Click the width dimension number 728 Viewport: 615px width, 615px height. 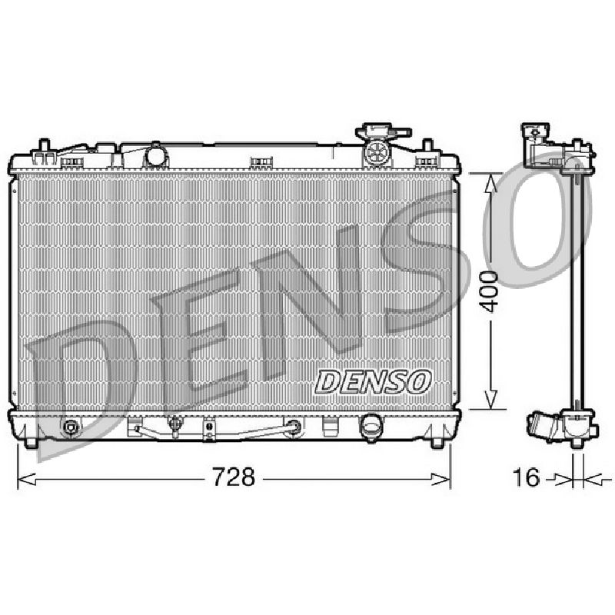pos(234,477)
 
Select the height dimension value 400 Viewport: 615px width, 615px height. pos(490,291)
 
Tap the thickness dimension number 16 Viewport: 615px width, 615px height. pos(527,477)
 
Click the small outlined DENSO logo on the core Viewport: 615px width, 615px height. pos(373,381)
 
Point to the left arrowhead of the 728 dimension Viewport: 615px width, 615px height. pos(27,479)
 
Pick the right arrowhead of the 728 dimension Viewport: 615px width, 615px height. pos(440,479)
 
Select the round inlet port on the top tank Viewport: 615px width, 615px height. pos(156,155)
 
